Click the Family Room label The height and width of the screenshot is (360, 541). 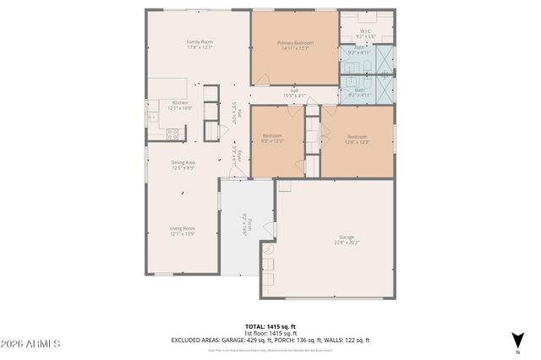(199, 41)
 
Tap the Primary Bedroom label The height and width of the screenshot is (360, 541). (294, 41)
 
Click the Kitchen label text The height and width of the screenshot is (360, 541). (180, 102)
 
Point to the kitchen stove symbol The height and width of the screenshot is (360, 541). (173, 133)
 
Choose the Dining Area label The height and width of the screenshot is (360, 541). (183, 164)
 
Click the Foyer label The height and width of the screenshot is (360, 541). (239, 155)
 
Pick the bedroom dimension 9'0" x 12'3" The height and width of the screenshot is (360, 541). (271, 140)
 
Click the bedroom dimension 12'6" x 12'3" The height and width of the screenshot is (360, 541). (356, 140)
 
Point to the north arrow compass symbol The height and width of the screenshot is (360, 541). (517, 340)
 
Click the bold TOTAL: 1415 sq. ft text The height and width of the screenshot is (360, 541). (270, 326)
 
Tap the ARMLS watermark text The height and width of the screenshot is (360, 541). (31, 345)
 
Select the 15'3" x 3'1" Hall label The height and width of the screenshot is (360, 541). (294, 95)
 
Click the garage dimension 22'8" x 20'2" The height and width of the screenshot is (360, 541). (347, 243)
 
